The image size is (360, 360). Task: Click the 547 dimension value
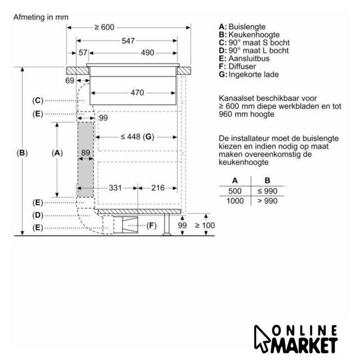point(128,41)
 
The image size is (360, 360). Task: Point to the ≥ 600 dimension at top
point(105,28)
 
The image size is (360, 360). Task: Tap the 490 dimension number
point(147,53)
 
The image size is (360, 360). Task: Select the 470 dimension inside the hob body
point(137,93)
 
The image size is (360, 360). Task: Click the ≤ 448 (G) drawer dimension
point(137,137)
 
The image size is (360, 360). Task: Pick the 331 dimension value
point(115,188)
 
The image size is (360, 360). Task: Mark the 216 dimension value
point(158,188)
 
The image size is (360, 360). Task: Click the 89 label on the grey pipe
point(85,152)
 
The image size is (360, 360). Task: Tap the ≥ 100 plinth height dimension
point(205,226)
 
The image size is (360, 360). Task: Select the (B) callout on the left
point(22,153)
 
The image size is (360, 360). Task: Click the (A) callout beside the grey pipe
point(57,153)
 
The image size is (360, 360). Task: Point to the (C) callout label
point(38,101)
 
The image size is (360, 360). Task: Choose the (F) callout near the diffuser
point(151,226)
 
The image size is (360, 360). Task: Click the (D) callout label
point(38,215)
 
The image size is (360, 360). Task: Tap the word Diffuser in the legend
point(242,66)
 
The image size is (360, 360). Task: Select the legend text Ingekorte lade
point(254,74)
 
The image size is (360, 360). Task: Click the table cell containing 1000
point(235,201)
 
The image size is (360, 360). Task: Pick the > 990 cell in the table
point(268,201)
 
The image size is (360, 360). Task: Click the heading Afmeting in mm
point(41,17)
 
